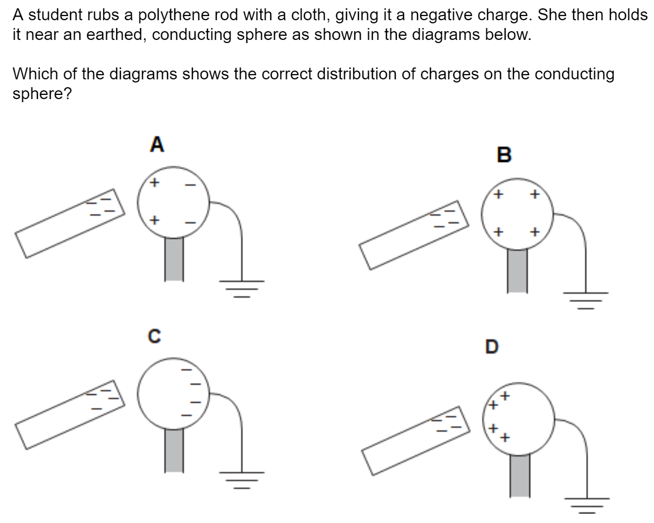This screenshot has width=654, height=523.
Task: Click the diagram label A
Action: pos(157,145)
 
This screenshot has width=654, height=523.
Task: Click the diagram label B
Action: pos(504,155)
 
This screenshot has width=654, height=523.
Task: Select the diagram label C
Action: pos(154,337)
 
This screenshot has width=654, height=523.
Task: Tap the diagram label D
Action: pos(491,346)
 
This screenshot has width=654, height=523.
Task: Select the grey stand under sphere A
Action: pos(174,259)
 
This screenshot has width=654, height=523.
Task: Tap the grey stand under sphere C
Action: pos(174,450)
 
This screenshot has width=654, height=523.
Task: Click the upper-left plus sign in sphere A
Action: pos(154,183)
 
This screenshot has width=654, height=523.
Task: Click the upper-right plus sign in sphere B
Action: pos(535,195)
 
